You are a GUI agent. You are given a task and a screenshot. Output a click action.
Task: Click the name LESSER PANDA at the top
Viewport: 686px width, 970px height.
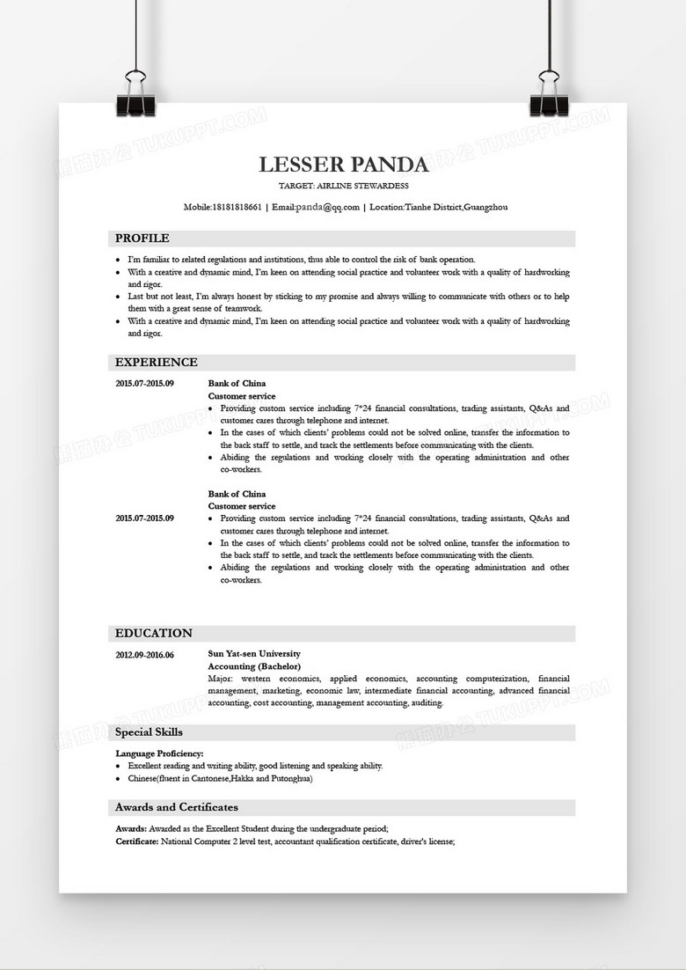click(343, 165)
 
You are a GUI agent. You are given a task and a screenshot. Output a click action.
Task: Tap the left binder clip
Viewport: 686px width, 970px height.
click(135, 95)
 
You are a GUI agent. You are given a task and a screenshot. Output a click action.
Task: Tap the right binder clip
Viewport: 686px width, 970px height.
click(550, 95)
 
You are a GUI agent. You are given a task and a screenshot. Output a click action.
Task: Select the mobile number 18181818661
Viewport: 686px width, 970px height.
click(237, 207)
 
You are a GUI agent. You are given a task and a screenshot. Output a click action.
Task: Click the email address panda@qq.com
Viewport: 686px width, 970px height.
click(328, 207)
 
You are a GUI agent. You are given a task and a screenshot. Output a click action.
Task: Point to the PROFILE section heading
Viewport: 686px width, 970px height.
click(142, 239)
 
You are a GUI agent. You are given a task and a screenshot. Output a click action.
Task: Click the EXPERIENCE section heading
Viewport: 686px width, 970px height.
click(157, 363)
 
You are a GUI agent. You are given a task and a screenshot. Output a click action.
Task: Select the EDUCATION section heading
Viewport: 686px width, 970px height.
click(154, 634)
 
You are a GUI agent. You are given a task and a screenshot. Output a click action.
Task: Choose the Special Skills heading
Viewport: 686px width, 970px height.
click(150, 732)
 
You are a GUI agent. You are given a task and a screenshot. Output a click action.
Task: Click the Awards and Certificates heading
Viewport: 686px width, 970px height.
click(177, 807)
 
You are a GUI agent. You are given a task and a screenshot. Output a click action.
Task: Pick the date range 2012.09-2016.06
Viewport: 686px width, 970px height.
click(145, 655)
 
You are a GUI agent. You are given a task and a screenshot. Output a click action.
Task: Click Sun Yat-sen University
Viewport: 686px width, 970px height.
click(254, 654)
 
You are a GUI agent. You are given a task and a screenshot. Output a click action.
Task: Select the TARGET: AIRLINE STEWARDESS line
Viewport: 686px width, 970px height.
click(343, 187)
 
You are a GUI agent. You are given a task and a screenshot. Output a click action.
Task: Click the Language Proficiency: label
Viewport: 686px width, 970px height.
click(160, 753)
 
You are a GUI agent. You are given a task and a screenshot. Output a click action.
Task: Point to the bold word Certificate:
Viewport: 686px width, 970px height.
click(137, 841)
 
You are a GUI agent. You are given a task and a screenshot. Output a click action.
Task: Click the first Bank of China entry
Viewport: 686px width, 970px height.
click(237, 384)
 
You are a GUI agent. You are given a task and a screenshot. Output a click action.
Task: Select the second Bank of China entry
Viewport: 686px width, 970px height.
click(237, 494)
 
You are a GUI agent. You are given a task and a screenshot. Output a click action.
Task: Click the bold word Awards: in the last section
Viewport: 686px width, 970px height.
click(131, 829)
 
